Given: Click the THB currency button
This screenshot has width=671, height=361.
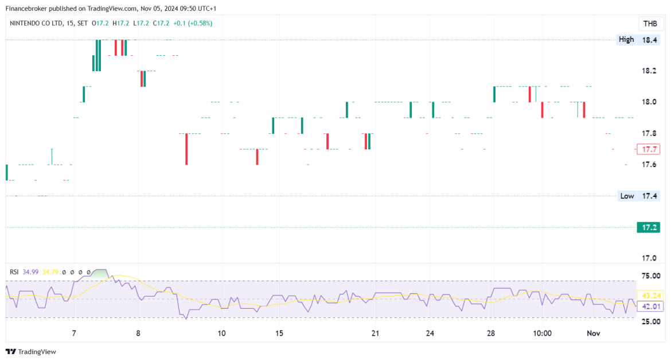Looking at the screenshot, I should point(650,24).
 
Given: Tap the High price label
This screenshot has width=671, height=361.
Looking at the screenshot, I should point(626,40).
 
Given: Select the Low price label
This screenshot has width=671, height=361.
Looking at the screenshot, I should point(627,196).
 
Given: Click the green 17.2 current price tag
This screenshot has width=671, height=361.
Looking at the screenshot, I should point(650,227).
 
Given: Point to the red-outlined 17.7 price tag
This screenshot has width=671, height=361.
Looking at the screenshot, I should point(649,149).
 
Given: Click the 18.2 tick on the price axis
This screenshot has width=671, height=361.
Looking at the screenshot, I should point(650,71).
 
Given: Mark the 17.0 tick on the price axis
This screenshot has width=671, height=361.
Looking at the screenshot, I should point(650,258).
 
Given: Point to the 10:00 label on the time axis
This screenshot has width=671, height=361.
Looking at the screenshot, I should point(542,333).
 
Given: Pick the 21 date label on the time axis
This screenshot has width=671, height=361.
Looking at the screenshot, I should point(375,333).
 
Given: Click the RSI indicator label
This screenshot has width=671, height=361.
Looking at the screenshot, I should point(14,271).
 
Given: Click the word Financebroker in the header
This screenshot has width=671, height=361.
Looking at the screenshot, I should point(29,8).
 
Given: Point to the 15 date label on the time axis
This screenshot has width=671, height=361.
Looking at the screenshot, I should point(279,333).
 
